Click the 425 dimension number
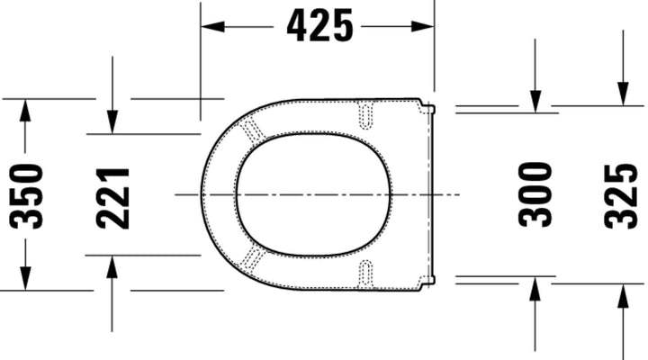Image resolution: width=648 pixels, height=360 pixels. coord(320,26)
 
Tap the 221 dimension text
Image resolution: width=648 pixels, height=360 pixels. coord(113,197)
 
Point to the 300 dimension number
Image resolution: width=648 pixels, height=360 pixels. coord(535,194)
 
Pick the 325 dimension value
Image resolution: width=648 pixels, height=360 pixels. coord(621,195)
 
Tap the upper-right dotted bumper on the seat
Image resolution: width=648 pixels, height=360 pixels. coord(366,113)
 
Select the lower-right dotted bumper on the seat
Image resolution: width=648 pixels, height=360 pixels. coord(365,273)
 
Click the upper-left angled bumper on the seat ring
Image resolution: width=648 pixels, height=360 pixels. coord(255,128)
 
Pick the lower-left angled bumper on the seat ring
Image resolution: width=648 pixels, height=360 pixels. coord(255,260)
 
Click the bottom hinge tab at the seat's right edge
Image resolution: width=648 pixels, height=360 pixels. coord(428,281)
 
